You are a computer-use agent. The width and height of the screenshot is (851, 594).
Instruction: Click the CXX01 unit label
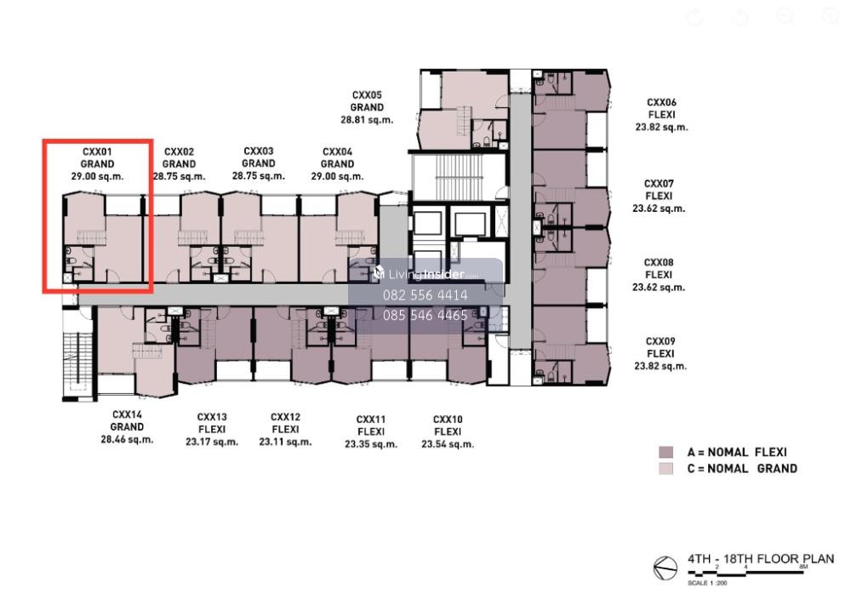point(97,152)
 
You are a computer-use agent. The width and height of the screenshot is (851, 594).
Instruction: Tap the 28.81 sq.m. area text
point(367,120)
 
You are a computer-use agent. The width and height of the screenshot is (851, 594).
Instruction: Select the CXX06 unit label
point(661,103)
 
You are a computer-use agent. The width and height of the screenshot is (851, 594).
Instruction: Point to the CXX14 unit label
point(127,414)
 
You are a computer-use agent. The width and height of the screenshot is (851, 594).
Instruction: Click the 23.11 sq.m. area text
point(285,442)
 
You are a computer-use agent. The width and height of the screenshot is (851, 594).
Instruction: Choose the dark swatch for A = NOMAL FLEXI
point(665,452)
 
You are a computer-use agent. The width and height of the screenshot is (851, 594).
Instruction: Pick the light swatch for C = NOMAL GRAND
point(665,469)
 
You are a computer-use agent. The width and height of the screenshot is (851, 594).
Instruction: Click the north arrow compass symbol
point(665,568)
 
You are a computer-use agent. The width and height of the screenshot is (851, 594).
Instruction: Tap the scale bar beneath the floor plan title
point(747,572)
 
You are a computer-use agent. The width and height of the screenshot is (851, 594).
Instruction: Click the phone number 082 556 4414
point(425,295)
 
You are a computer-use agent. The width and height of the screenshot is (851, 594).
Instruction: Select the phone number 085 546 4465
point(425,316)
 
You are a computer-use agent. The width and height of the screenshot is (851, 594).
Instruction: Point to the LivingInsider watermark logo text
point(419,274)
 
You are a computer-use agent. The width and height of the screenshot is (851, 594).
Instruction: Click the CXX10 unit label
point(448,420)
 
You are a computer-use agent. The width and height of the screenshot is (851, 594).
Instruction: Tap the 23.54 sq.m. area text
point(448,444)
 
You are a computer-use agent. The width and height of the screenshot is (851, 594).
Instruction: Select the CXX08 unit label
point(659,263)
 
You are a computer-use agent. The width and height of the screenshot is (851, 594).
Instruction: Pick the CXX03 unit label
point(259,151)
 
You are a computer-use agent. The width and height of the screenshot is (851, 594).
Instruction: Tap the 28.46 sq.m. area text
point(127,439)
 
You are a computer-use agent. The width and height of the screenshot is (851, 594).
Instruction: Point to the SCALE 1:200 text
point(707,583)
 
